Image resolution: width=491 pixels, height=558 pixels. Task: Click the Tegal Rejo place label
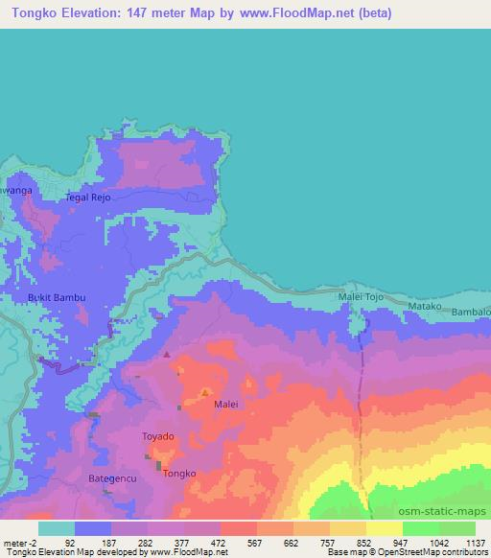click(87, 198)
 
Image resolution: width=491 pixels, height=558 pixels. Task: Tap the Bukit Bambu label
click(56, 297)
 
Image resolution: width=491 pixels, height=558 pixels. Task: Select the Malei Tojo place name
click(360, 298)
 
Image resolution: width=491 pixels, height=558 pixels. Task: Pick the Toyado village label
click(158, 436)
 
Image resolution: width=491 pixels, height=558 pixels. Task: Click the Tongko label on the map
click(179, 474)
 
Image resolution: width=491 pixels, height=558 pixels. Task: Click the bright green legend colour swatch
click(419, 528)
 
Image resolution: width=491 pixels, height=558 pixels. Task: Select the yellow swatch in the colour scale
click(384, 528)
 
